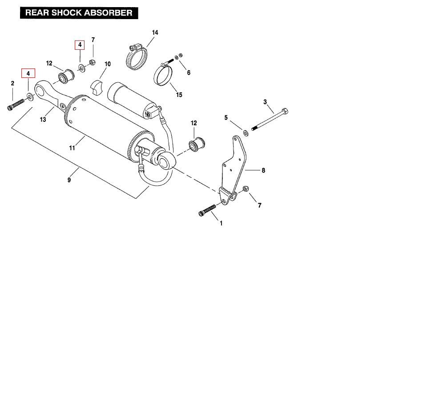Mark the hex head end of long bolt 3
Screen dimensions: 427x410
[285, 111]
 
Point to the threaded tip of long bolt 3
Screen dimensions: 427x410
[253, 129]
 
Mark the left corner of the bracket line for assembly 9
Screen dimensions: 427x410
[12, 128]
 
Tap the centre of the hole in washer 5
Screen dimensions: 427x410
[246, 133]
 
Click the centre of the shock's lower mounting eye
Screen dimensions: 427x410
[165, 162]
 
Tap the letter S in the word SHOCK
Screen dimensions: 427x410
[54, 13]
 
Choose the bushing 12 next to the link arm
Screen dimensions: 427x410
[66, 76]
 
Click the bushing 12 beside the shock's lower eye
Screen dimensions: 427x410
[197, 145]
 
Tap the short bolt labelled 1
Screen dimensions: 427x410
[207, 210]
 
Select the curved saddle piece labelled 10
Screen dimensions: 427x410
[97, 87]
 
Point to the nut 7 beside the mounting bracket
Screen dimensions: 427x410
[246, 189]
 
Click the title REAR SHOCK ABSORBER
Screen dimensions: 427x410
[79, 13]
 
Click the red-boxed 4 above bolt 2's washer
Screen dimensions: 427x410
[28, 73]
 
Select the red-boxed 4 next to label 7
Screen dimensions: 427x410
[80, 45]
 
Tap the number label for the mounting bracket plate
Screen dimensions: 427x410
[263, 170]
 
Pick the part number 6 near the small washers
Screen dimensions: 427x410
[189, 72]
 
